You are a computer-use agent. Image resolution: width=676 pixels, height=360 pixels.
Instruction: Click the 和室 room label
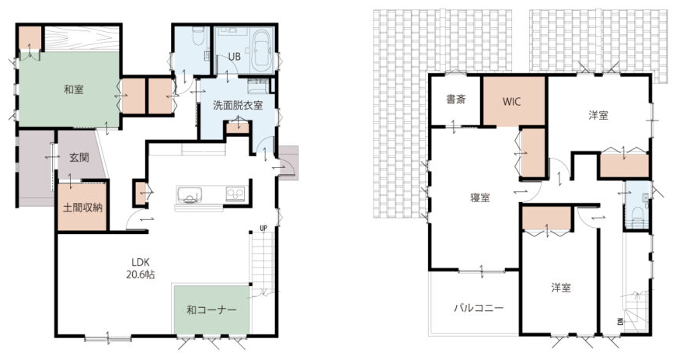(x=74, y=89)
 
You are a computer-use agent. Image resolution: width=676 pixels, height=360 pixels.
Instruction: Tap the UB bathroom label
(x=234, y=57)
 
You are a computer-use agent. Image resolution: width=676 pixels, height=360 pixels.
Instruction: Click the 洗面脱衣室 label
(x=238, y=105)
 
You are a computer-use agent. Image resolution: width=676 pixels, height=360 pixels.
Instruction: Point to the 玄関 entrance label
(x=79, y=157)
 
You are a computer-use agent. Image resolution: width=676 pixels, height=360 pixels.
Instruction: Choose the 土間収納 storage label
(x=82, y=208)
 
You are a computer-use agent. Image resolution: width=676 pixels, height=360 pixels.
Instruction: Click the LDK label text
(x=141, y=262)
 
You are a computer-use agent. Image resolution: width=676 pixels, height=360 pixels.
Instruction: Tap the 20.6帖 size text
(x=141, y=274)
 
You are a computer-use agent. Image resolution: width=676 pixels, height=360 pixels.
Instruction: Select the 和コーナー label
(x=211, y=310)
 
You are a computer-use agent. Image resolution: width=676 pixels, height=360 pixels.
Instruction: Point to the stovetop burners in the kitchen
(x=235, y=193)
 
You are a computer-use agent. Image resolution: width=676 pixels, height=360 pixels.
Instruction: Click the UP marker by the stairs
(x=263, y=228)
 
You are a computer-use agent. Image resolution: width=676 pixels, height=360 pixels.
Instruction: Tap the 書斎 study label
(x=455, y=100)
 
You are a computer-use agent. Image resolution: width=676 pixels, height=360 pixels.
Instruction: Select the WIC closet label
(x=512, y=101)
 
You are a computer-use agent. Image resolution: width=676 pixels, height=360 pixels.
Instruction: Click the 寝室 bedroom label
(x=480, y=197)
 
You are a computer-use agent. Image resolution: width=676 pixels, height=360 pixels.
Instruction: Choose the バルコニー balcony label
(x=479, y=308)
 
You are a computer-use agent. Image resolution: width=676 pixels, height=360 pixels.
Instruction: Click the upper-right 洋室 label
(x=598, y=115)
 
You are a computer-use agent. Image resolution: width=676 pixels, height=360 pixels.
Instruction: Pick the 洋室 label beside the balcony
(x=561, y=288)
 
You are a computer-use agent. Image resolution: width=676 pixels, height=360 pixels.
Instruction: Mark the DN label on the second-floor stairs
(x=620, y=322)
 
